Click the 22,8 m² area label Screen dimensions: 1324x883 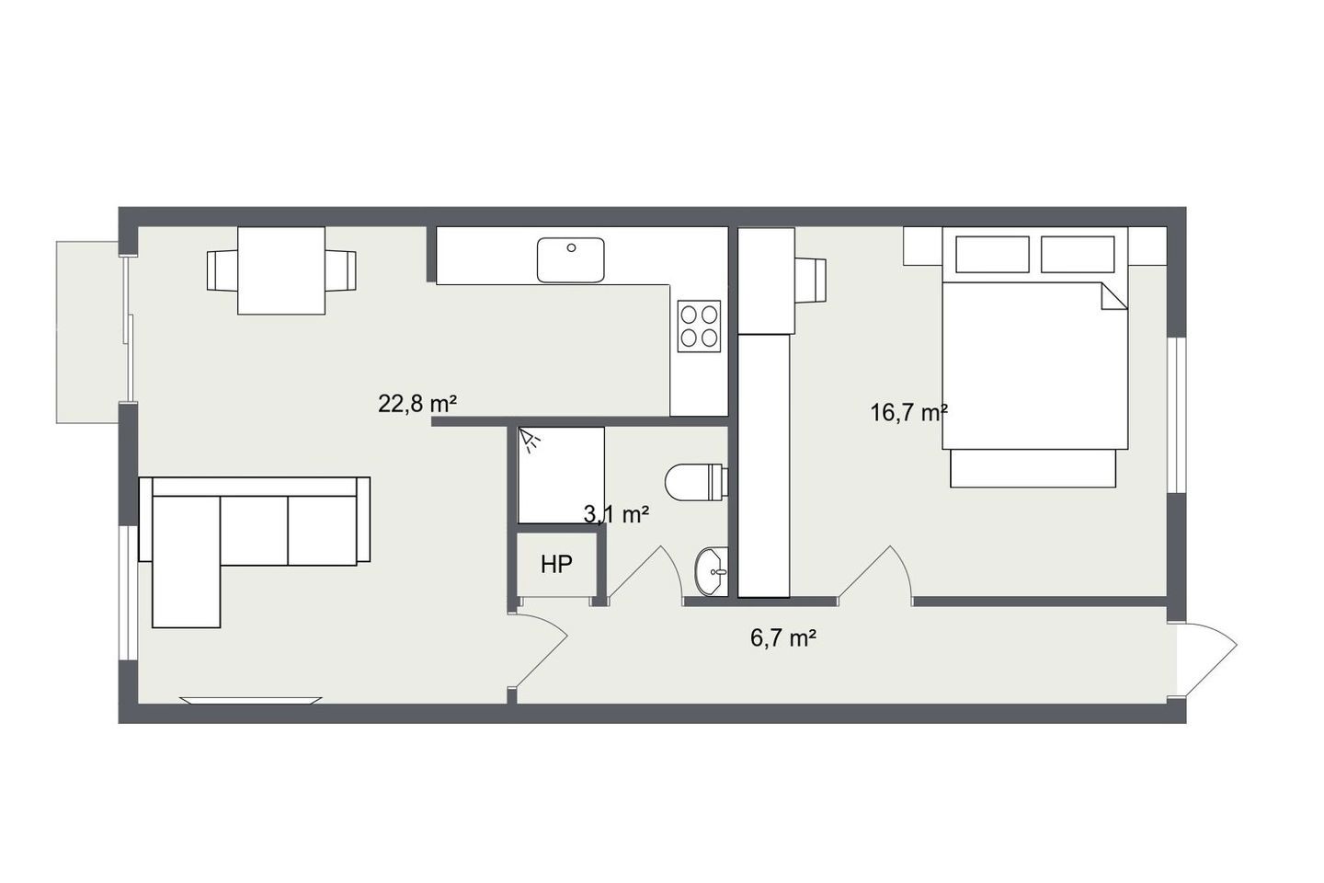pyautogui.click(x=417, y=404)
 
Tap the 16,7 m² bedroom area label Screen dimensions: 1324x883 pyautogui.click(x=909, y=413)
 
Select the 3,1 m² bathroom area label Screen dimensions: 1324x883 pyautogui.click(x=616, y=514)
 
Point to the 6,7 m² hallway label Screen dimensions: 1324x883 pyautogui.click(x=783, y=638)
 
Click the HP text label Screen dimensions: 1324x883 pyautogui.click(x=556, y=565)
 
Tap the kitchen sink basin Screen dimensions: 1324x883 pyautogui.click(x=570, y=260)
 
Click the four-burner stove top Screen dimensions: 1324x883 pyautogui.click(x=699, y=327)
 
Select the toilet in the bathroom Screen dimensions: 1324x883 pyautogui.click(x=696, y=482)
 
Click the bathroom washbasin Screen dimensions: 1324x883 pyautogui.click(x=712, y=572)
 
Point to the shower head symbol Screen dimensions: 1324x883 pyautogui.click(x=529, y=441)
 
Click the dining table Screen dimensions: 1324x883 pyautogui.click(x=281, y=270)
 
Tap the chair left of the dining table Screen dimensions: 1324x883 pyautogui.click(x=223, y=270)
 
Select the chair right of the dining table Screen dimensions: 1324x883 pyautogui.click(x=340, y=270)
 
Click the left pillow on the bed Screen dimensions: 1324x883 pyautogui.click(x=992, y=254)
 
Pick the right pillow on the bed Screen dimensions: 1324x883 pyautogui.click(x=1078, y=254)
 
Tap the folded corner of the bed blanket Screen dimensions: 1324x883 pyautogui.click(x=1114, y=296)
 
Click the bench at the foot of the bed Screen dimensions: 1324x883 pyautogui.click(x=1033, y=468)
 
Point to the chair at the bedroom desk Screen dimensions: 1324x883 pyautogui.click(x=811, y=281)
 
